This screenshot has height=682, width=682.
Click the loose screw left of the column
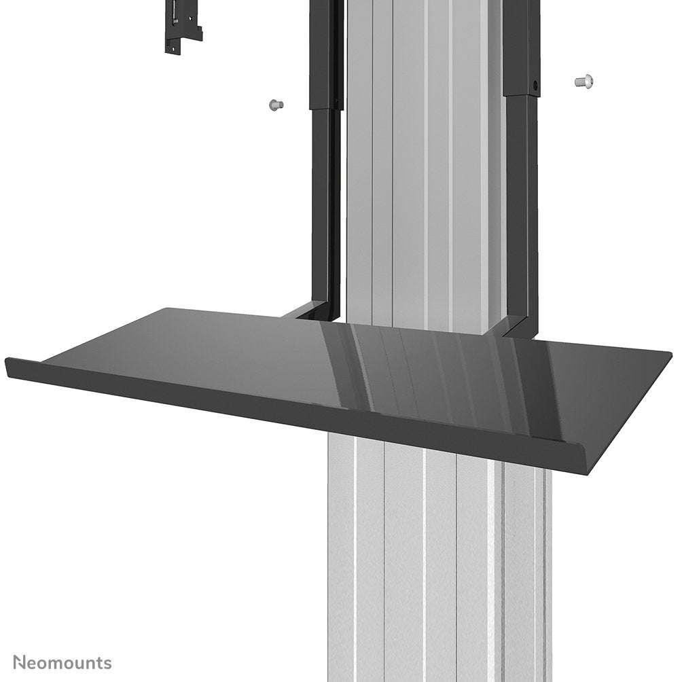275,105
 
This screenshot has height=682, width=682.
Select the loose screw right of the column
584,82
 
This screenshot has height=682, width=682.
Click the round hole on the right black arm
535,87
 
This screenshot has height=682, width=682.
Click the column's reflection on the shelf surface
421,367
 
